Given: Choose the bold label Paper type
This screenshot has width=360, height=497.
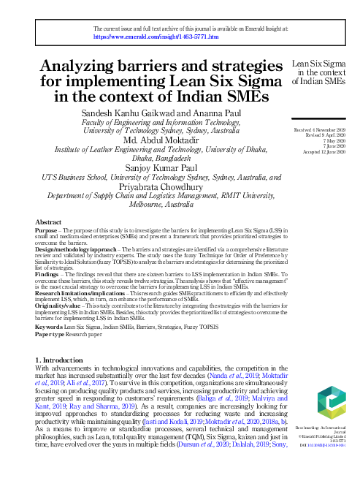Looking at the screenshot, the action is click(51, 333).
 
